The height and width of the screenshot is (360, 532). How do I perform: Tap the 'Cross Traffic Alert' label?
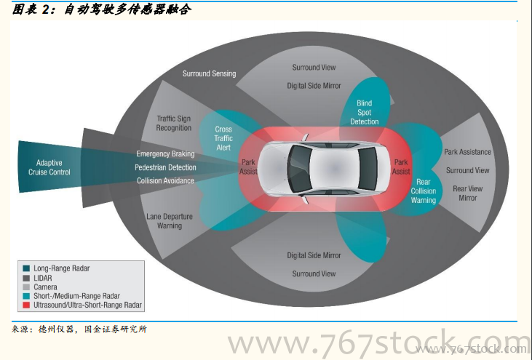point(223,138)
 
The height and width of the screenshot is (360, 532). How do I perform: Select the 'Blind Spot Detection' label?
point(364,113)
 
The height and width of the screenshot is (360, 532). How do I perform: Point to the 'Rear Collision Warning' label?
point(424,191)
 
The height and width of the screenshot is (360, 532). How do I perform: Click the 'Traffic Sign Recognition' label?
point(174,123)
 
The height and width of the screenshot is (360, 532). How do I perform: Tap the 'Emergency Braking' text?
point(165,154)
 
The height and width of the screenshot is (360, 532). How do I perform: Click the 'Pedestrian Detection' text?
point(165,167)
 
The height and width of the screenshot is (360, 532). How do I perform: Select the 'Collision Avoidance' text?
point(165,180)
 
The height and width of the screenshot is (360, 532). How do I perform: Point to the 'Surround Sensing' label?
point(209,73)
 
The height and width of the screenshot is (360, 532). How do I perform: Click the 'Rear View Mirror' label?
point(467,193)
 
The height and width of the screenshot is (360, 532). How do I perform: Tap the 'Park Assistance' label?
point(467,152)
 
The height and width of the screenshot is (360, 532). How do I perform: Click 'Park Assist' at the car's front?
point(248,167)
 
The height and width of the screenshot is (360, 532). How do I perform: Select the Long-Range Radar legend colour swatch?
point(25,268)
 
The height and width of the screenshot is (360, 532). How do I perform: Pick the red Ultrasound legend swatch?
point(25,305)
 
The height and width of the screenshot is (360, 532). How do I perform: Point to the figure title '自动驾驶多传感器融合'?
point(127,10)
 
